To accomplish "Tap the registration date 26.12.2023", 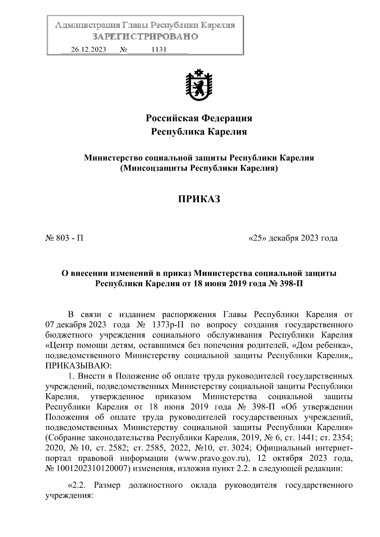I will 88,50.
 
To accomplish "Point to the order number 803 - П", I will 65,238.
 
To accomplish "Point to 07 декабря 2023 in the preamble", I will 71,325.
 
